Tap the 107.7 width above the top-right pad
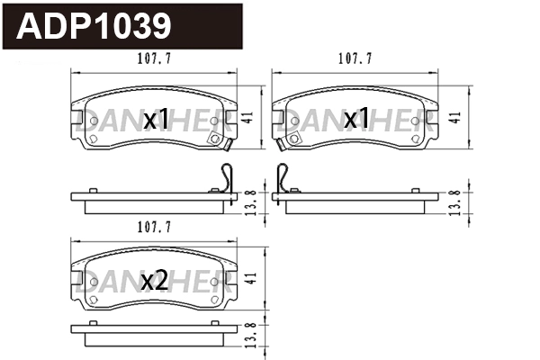355,60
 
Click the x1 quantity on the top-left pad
157,119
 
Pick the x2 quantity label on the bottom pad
155,282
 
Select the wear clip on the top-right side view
285,178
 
